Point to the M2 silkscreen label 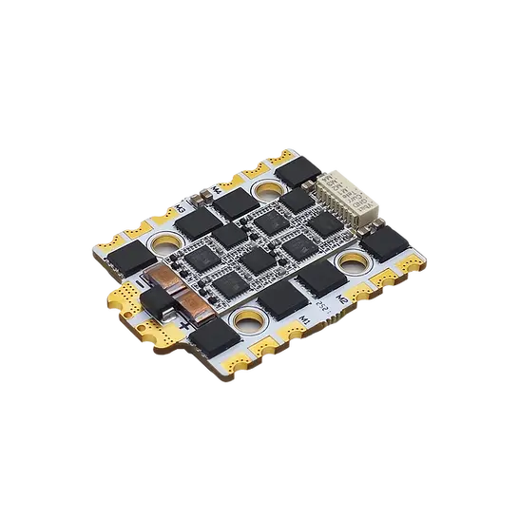339,294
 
